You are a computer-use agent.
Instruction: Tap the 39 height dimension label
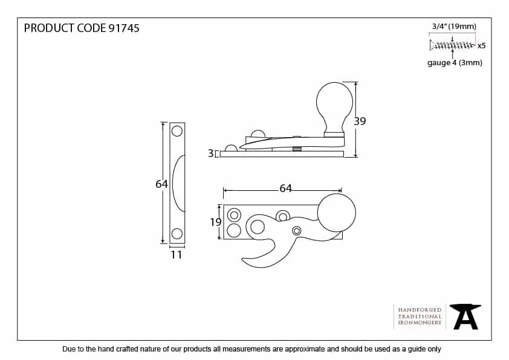pyautogui.click(x=360, y=121)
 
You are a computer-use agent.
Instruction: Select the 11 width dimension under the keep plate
pyautogui.click(x=176, y=255)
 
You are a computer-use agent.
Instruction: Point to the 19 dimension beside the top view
pyautogui.click(x=216, y=222)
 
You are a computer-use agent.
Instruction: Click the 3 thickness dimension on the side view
pyautogui.click(x=210, y=154)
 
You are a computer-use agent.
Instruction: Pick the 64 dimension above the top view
pyautogui.click(x=285, y=188)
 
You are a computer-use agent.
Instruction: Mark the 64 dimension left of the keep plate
pyautogui.click(x=161, y=184)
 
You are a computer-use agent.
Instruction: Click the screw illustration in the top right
pyautogui.click(x=452, y=45)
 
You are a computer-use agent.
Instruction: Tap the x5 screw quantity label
pyautogui.click(x=481, y=45)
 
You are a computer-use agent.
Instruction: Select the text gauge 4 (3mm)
pyautogui.click(x=455, y=63)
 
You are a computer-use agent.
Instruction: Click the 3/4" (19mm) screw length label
pyautogui.click(x=454, y=26)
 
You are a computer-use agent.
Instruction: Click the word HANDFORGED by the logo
pyautogui.click(x=420, y=309)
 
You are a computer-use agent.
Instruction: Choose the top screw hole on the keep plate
pyautogui.click(x=177, y=130)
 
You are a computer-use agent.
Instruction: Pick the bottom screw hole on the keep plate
pyautogui.click(x=177, y=234)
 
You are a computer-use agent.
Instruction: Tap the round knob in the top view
pyautogui.click(x=336, y=213)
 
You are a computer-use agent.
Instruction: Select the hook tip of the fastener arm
pyautogui.click(x=245, y=261)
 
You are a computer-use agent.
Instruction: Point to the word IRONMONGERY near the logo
pyautogui.click(x=420, y=323)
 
